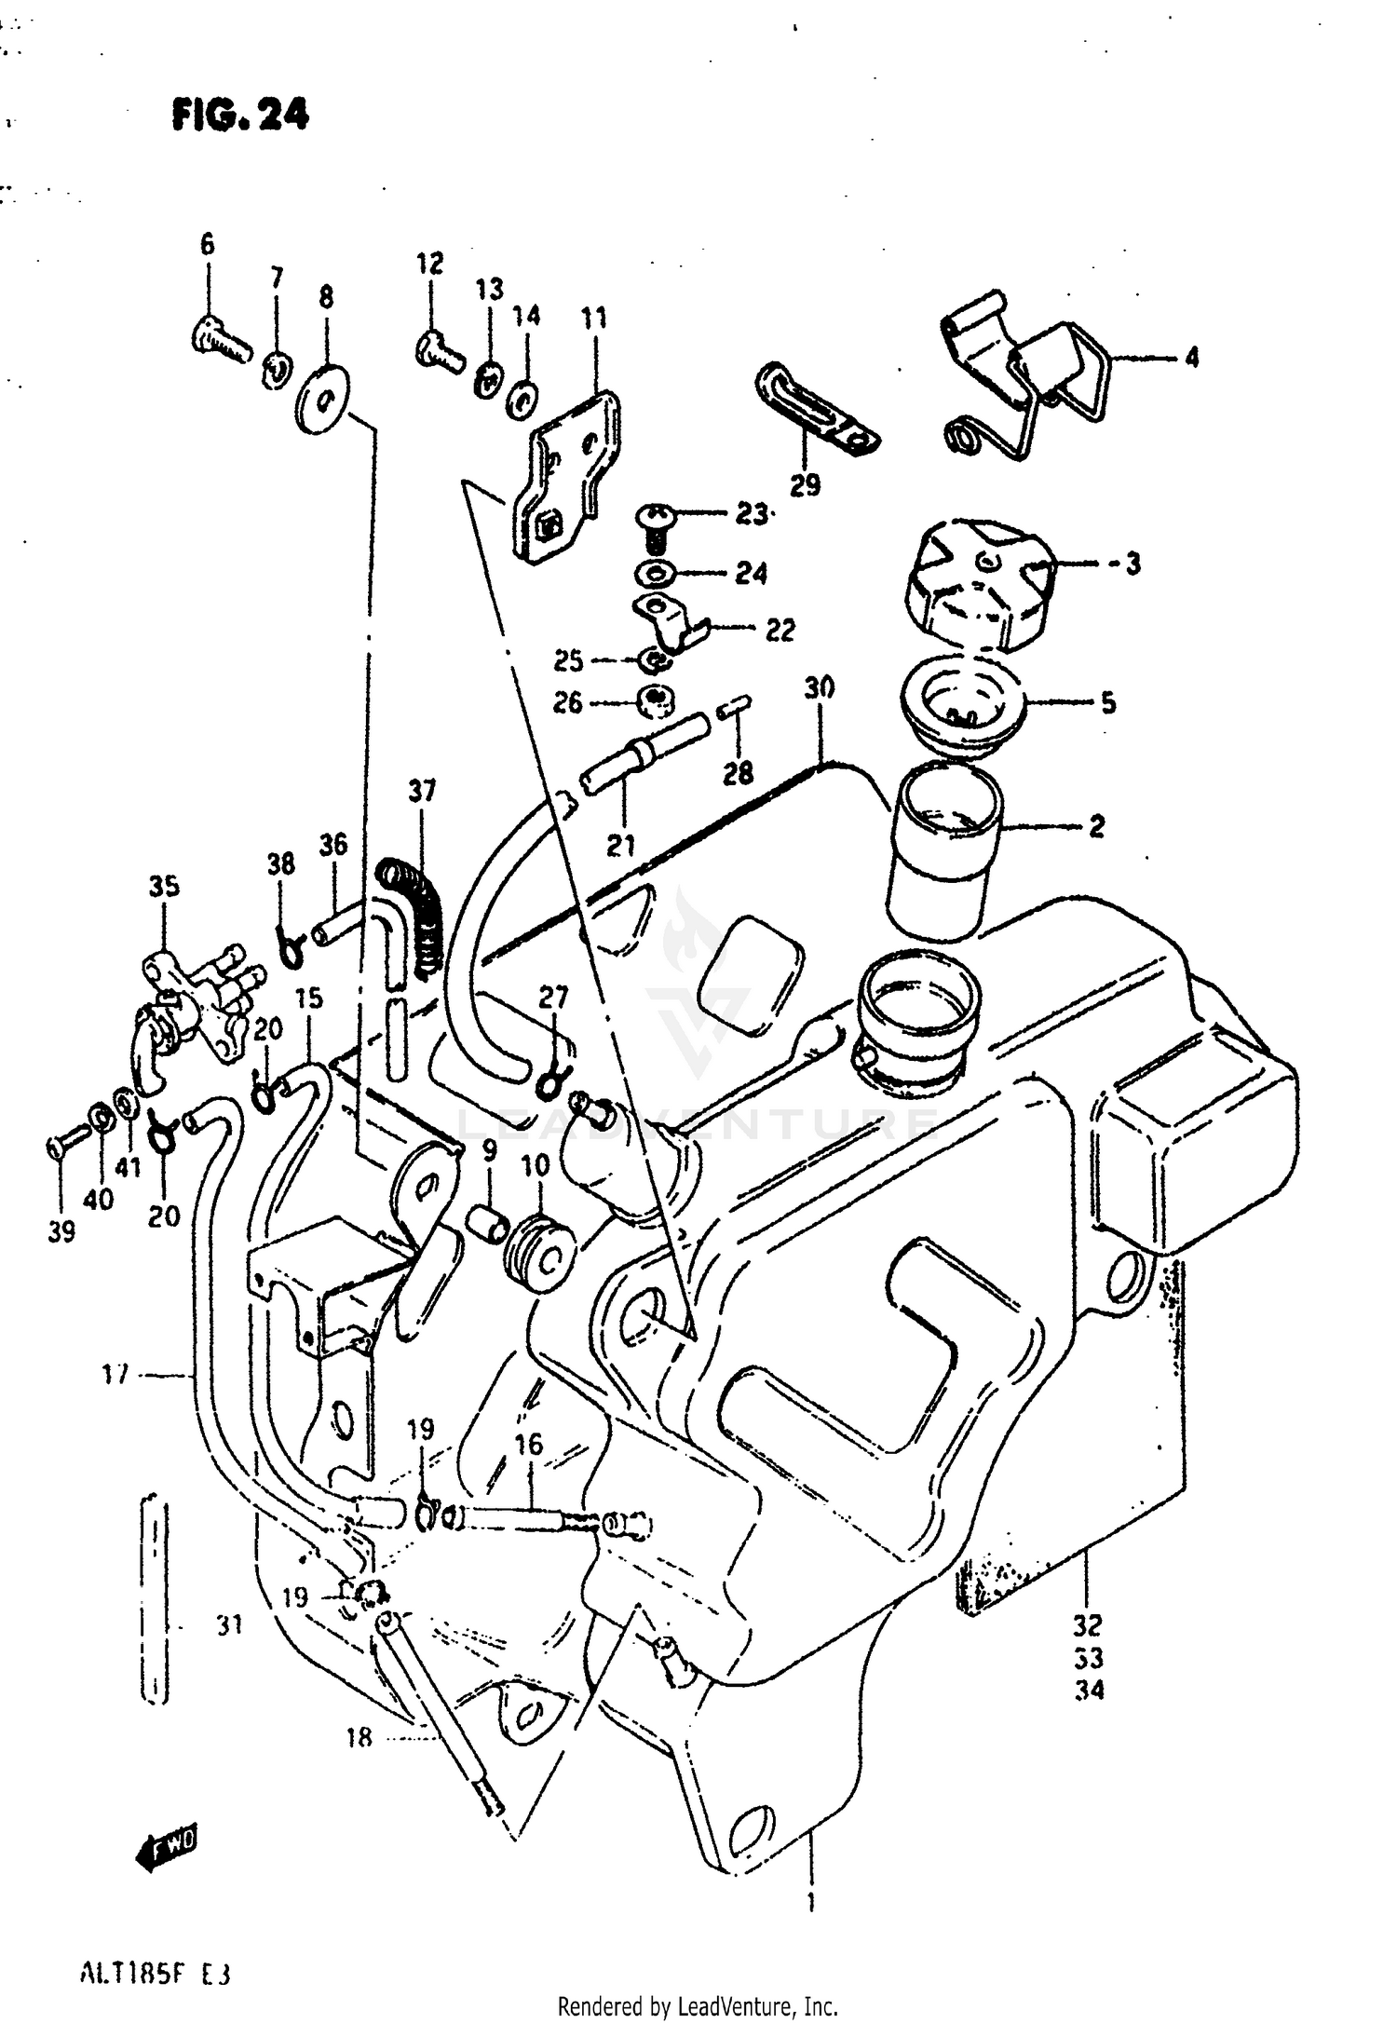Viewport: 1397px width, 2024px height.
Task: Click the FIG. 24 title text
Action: (239, 115)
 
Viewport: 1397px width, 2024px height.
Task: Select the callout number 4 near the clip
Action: (1192, 357)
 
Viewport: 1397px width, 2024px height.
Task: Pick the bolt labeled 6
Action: (222, 335)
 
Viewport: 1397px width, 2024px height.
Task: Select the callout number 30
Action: (820, 688)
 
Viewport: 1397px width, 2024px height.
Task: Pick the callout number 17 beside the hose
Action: (116, 1374)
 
